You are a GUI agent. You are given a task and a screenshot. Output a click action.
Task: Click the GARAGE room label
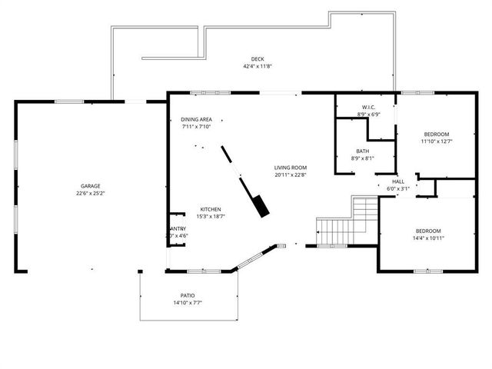point(91,186)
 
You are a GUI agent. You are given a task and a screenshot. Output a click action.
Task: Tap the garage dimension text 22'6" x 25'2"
point(91,194)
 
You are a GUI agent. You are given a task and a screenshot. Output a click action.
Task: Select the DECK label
point(258,59)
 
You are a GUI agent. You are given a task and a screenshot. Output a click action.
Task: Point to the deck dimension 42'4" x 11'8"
point(258,67)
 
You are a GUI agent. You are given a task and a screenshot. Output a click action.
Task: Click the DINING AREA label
point(196,120)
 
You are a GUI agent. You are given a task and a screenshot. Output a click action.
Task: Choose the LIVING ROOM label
point(291,168)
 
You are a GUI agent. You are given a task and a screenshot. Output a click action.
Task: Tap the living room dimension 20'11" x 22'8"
point(291,175)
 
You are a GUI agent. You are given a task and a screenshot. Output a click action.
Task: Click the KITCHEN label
point(211,210)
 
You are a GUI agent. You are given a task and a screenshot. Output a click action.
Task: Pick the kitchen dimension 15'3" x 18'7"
point(211,218)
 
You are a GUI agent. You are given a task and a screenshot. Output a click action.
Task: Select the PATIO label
point(188,295)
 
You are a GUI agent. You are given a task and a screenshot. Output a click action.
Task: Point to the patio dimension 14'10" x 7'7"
point(188,303)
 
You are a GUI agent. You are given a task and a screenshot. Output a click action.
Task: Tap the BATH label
point(362,151)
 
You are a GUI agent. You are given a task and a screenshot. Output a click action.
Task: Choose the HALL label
point(398,181)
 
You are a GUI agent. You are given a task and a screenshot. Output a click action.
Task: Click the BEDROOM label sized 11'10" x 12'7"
point(436,134)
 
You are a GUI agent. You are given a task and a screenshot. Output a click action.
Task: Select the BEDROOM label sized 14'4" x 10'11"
point(428,231)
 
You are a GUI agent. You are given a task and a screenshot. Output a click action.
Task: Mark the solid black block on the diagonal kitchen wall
point(261,204)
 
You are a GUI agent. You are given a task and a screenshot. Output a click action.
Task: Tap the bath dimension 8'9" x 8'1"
point(362,158)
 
